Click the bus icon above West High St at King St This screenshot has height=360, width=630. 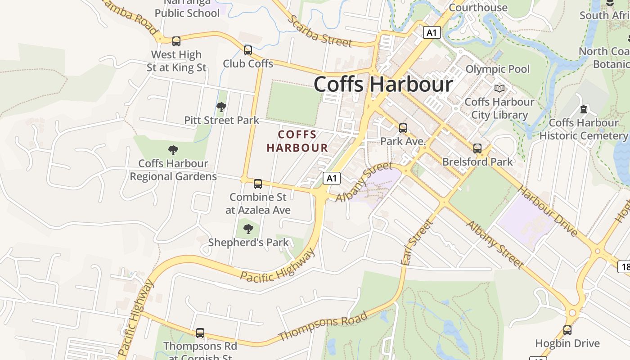coord(176,41)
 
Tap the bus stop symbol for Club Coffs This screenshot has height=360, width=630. coord(247,50)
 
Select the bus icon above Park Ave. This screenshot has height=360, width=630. coord(403,128)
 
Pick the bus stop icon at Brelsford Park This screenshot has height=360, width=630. coord(477,148)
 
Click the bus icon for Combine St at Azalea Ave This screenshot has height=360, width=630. coord(257,184)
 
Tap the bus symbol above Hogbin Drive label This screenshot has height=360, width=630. coord(567,330)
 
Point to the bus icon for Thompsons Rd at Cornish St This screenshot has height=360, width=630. coord(200,333)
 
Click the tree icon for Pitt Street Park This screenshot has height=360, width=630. coord(221,107)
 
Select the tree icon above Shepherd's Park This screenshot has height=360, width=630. coord(248,229)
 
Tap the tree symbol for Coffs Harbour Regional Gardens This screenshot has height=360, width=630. coord(173,150)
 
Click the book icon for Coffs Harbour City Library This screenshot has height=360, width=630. coord(499,88)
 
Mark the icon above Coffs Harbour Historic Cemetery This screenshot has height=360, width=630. coord(584,109)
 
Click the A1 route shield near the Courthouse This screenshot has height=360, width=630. coord(431,32)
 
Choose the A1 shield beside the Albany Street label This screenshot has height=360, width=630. coord(331,179)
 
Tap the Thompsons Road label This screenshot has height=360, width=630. coord(323,326)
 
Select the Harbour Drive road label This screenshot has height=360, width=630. coord(547,211)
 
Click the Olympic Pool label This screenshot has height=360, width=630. coord(497,69)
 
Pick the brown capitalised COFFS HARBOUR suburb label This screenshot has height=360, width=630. coord(297,141)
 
